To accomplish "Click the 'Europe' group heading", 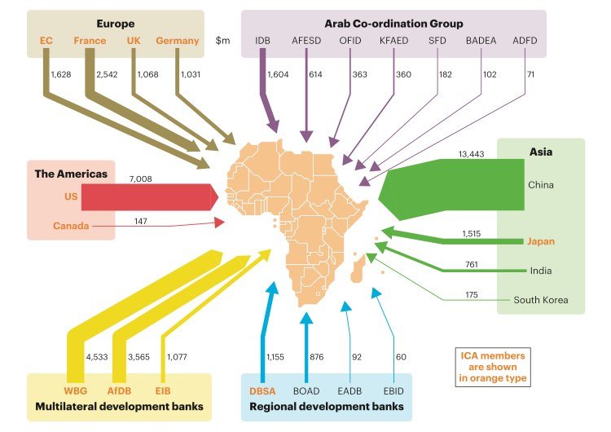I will point(115,24).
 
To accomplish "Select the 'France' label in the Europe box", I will point(90,41).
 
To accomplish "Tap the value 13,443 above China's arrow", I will point(473,154).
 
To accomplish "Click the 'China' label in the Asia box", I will point(540,185).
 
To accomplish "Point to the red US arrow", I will point(147,196).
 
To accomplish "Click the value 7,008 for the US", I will point(140,179).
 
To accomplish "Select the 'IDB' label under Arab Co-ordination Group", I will point(262,41).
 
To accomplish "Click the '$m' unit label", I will point(223,41).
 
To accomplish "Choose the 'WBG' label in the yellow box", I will point(75,390).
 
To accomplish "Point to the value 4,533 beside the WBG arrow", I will point(97,355).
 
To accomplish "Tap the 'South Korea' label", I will point(539,300).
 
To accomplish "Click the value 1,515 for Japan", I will point(473,234).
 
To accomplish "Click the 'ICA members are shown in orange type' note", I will point(494,367).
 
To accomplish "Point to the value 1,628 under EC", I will point(61,75).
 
